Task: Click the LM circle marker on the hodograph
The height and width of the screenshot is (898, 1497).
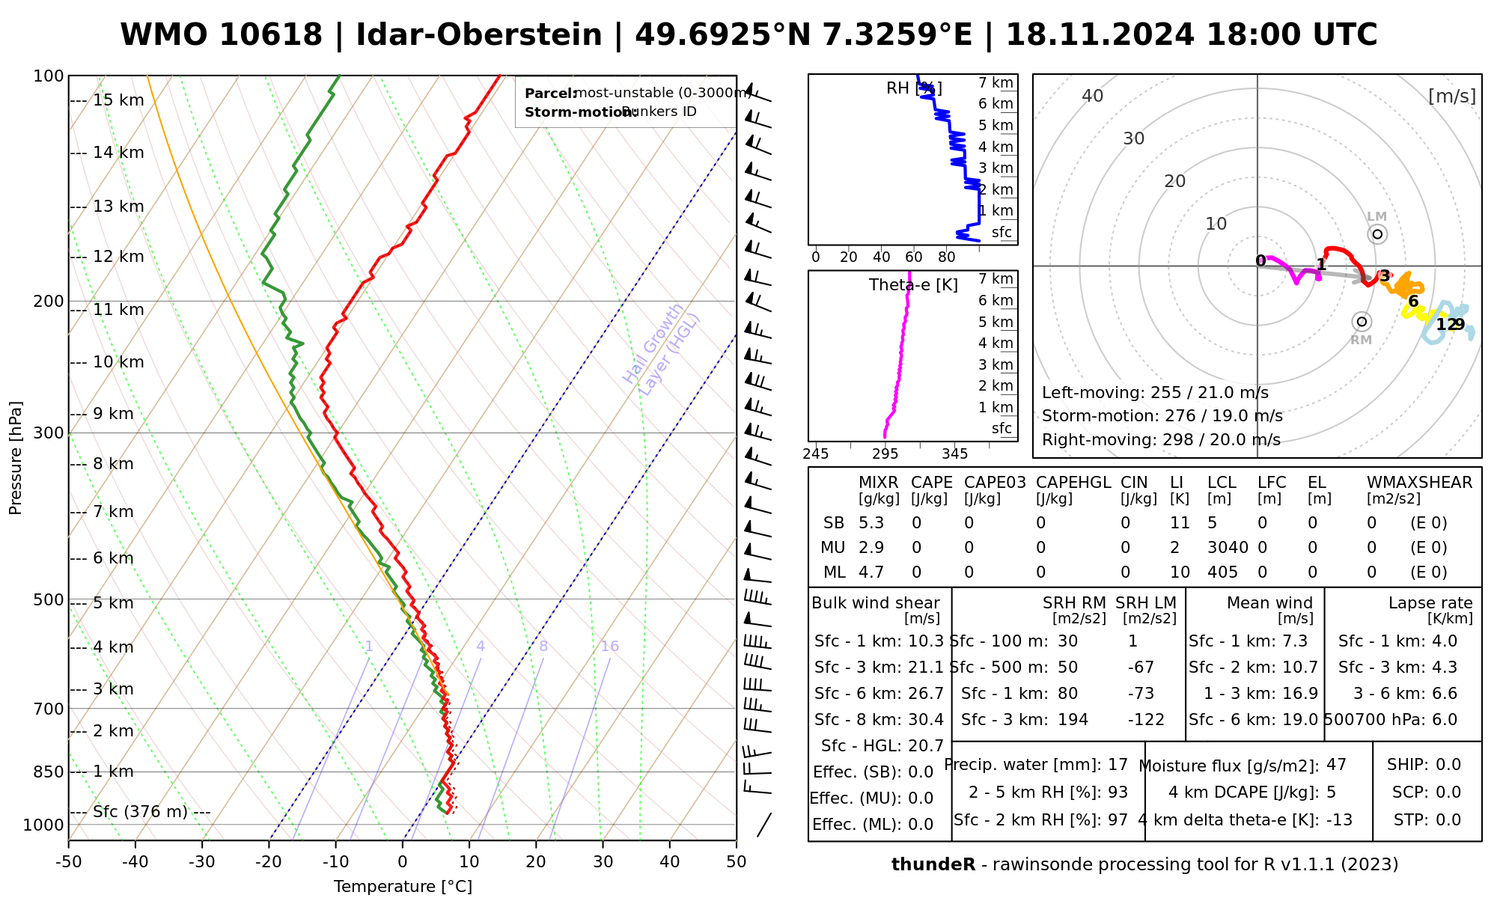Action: click(x=1377, y=234)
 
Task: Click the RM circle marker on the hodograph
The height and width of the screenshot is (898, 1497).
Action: click(x=1362, y=322)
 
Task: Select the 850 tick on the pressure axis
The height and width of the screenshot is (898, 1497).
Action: click(x=49, y=772)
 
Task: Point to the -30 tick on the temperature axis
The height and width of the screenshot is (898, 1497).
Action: click(x=202, y=862)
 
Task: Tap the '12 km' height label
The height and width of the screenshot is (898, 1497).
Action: click(x=118, y=257)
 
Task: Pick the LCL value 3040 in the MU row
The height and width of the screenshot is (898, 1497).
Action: click(x=1228, y=548)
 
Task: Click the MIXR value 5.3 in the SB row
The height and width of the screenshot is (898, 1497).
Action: click(x=871, y=523)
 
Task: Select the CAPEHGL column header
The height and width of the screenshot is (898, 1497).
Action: click(x=1073, y=483)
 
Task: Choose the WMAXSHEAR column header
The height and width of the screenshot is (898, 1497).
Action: click(x=1419, y=483)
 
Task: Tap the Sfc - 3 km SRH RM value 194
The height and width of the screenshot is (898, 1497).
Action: click(x=1073, y=720)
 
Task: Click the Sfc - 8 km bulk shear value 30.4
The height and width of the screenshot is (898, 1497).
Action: click(x=926, y=720)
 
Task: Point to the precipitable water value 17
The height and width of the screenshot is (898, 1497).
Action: click(x=1118, y=765)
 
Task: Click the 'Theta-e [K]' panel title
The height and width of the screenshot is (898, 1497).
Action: click(x=913, y=285)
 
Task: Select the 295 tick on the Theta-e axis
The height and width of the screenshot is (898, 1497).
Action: click(x=885, y=454)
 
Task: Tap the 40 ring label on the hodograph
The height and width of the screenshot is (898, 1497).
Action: click(x=1093, y=96)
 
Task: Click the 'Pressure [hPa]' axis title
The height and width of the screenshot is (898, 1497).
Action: click(x=16, y=458)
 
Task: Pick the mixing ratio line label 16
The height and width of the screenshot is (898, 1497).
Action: click(x=609, y=647)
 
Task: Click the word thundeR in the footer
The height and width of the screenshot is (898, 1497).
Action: click(x=933, y=865)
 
